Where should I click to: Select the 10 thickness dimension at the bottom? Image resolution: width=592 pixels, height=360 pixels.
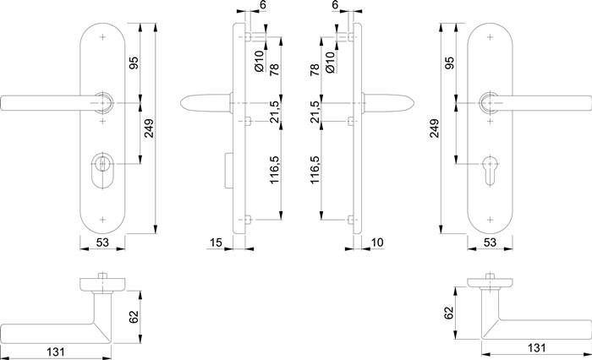[x=377, y=243]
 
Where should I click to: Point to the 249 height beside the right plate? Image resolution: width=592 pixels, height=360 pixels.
[x=433, y=128]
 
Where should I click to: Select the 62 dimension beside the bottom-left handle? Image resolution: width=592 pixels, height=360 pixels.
[x=134, y=318]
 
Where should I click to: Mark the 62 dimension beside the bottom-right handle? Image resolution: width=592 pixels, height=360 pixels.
[x=449, y=314]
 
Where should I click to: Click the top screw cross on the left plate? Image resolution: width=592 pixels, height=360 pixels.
[x=103, y=38]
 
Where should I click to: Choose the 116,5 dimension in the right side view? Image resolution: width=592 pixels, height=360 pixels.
[x=315, y=171]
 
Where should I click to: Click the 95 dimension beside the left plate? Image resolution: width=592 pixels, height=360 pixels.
[x=134, y=63]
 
